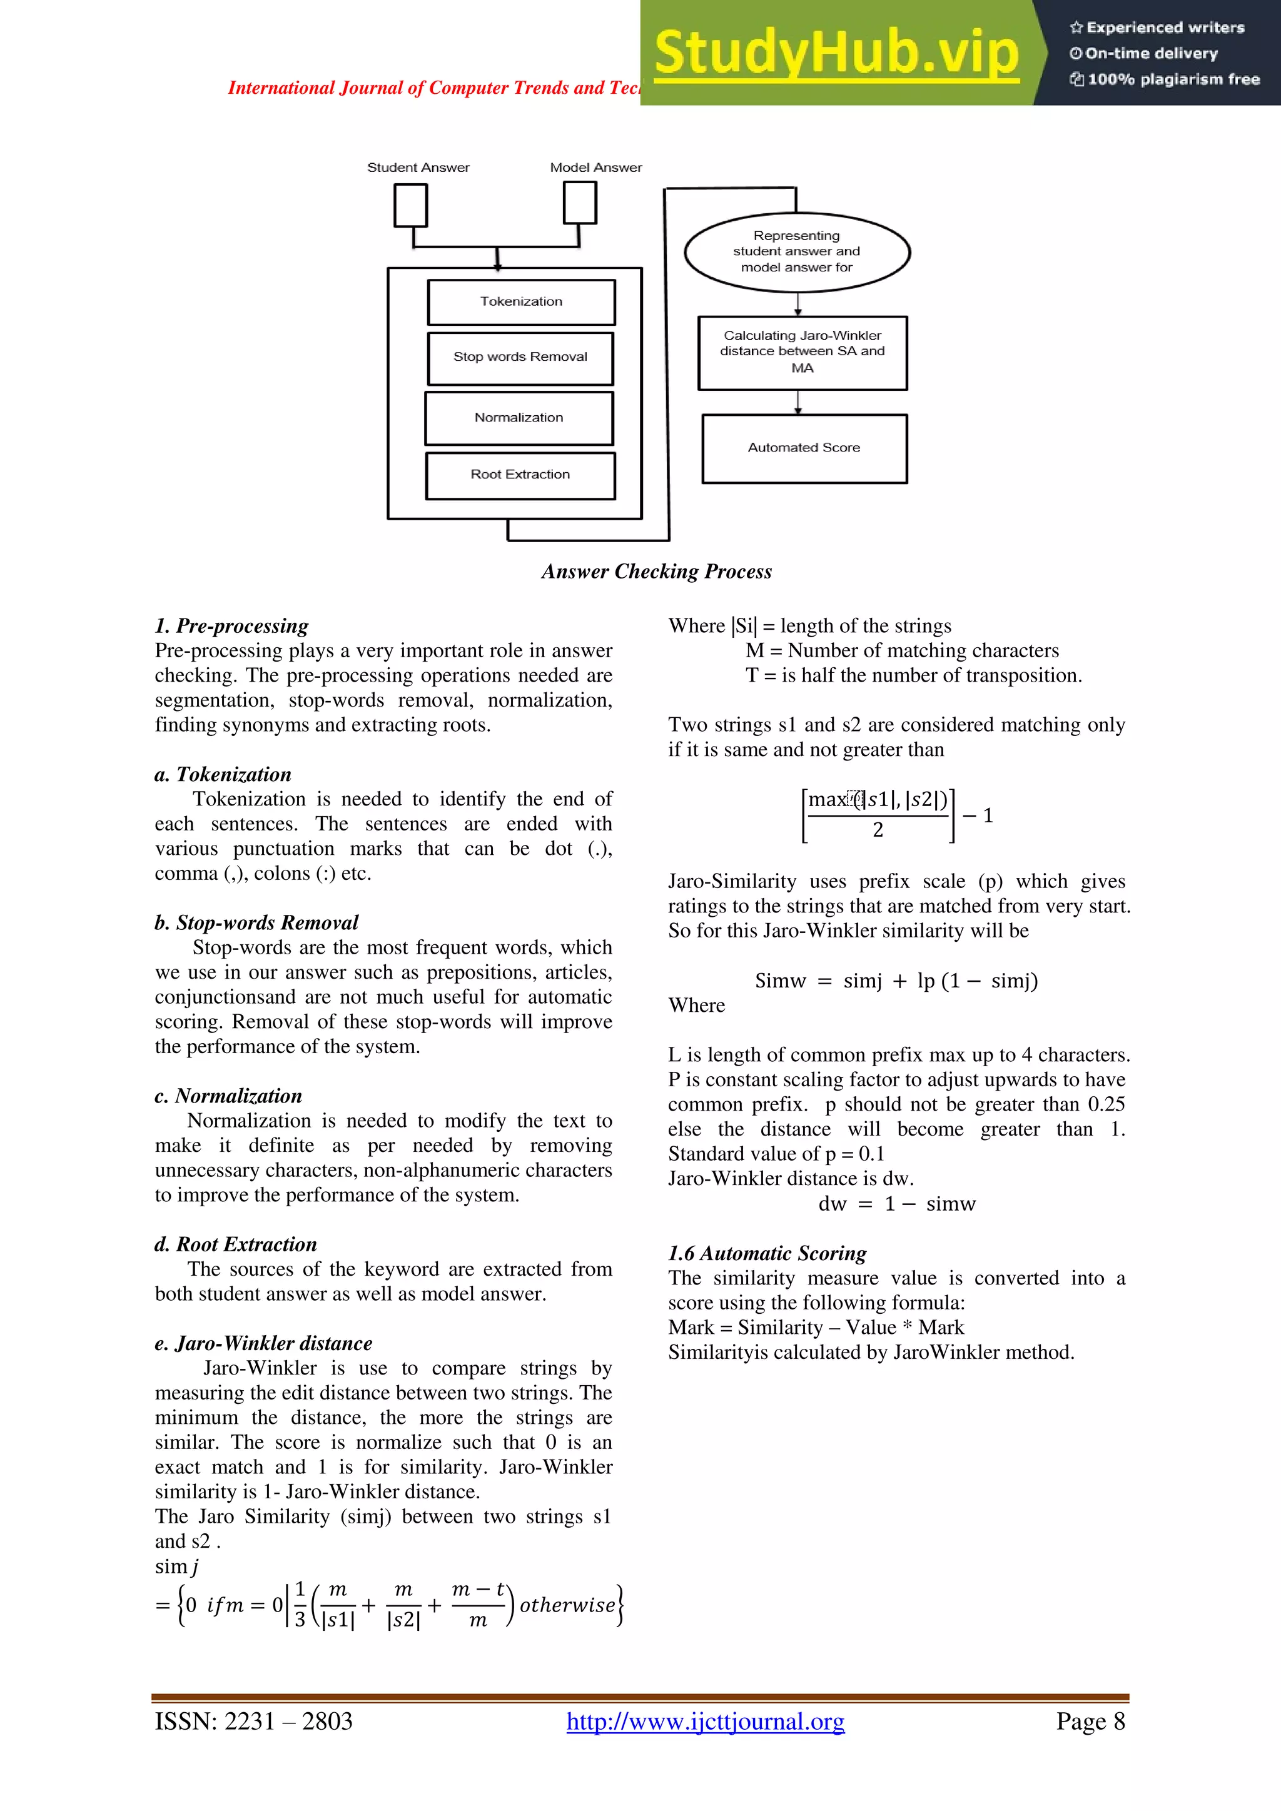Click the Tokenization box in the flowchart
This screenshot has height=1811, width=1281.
pyautogui.click(x=520, y=302)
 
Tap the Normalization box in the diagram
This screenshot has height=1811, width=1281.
pyautogui.click(x=519, y=418)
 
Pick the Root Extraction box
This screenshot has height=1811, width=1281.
pyautogui.click(x=520, y=475)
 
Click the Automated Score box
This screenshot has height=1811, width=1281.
pyautogui.click(x=804, y=448)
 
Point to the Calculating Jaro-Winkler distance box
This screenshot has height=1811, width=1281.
pyautogui.click(x=803, y=353)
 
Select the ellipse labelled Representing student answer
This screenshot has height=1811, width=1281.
pyautogui.click(x=797, y=251)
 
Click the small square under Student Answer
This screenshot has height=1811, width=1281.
pyautogui.click(x=410, y=205)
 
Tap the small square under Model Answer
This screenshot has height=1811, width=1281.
pyautogui.click(x=580, y=203)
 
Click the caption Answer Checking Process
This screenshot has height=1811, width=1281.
pyautogui.click(x=656, y=572)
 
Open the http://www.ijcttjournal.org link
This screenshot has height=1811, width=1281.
pyautogui.click(x=705, y=1721)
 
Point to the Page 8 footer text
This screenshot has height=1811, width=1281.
pyautogui.click(x=1090, y=1721)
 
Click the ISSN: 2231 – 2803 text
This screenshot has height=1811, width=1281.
pyautogui.click(x=253, y=1721)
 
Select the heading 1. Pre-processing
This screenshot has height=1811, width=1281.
pyautogui.click(x=232, y=626)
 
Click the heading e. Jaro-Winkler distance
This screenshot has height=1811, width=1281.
pyautogui.click(x=263, y=1343)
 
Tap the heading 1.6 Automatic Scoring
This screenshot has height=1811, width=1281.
pyautogui.click(x=767, y=1253)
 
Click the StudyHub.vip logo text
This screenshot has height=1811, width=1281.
pyautogui.click(x=836, y=53)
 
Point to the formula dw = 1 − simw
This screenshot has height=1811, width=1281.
pyautogui.click(x=897, y=1204)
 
